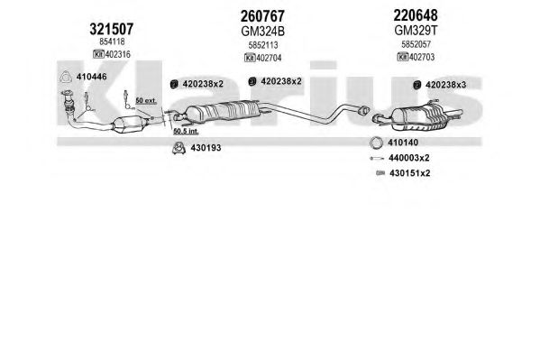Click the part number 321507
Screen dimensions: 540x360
point(111,29)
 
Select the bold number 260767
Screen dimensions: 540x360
point(262,16)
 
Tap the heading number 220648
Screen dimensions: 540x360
point(416,15)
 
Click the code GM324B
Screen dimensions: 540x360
point(262,32)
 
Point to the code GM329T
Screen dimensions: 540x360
point(416,31)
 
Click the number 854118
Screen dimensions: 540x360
point(112,42)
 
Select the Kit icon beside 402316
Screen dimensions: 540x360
point(98,54)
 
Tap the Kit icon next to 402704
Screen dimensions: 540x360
point(250,58)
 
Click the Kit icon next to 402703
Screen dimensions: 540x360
point(403,57)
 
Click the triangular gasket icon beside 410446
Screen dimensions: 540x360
point(66,77)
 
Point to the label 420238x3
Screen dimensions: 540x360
point(445,85)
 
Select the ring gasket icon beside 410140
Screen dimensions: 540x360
point(376,143)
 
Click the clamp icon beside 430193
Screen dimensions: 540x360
point(178,148)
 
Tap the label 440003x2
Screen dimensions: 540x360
point(408,158)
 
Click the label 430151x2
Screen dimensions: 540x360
point(410,173)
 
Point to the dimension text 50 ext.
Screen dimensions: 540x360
point(146,101)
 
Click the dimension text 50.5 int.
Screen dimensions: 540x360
point(186,131)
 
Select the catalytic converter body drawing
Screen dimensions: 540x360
point(128,125)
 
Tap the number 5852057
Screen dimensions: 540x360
point(416,44)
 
